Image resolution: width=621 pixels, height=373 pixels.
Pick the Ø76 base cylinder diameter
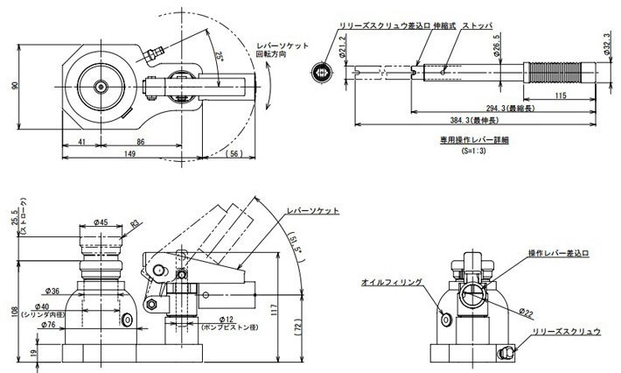[x=50, y=324]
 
